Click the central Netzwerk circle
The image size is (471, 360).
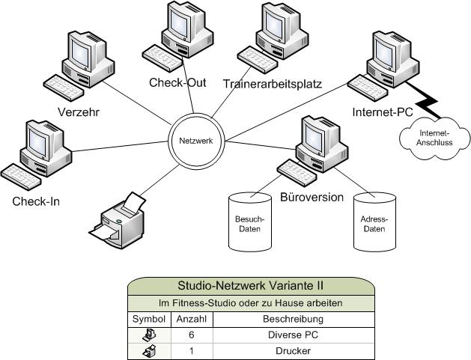click(x=196, y=140)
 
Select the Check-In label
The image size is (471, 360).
click(x=36, y=201)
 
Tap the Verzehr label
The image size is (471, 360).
click(x=79, y=112)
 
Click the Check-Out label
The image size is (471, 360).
click(x=177, y=83)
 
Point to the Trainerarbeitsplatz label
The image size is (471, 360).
click(x=272, y=84)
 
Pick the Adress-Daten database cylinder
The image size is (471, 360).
click(x=374, y=222)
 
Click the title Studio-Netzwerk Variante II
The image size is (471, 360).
click(x=250, y=285)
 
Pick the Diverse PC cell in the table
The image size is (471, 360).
click(x=293, y=335)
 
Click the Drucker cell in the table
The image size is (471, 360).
click(x=293, y=351)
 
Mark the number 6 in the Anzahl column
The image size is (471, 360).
click(x=192, y=335)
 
